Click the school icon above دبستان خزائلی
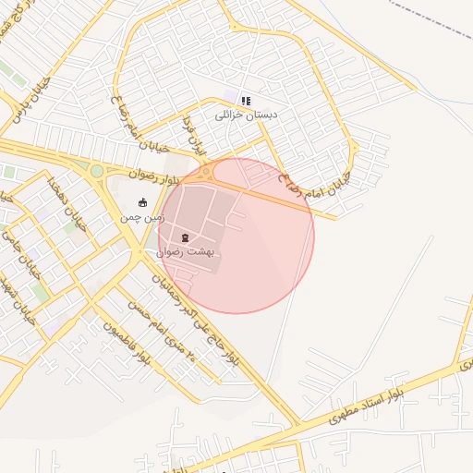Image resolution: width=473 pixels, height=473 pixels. pyautogui.click(x=245, y=101)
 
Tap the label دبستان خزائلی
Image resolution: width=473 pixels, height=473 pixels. pyautogui.click(x=246, y=115)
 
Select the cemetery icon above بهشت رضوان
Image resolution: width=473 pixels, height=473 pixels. pyautogui.click(x=186, y=237)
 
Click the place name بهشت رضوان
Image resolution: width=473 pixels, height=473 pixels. pyautogui.click(x=186, y=250)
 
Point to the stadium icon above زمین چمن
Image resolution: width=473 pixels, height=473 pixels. pyautogui.click(x=142, y=203)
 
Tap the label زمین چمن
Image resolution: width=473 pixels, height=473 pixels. pyautogui.click(x=142, y=217)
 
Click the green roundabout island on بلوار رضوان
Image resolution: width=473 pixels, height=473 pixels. pyautogui.click(x=96, y=171)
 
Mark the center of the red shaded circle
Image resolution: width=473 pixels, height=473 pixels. pyautogui.click(x=236, y=236)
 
